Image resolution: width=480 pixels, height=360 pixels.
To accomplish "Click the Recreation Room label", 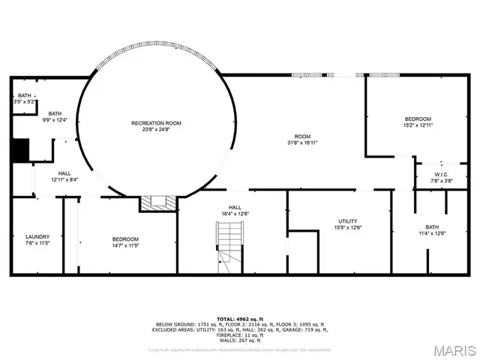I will pyautogui.click(x=156, y=123).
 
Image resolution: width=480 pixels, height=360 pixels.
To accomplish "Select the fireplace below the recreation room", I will pyautogui.click(x=158, y=202).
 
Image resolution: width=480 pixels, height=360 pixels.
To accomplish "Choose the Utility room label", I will pyautogui.click(x=347, y=220).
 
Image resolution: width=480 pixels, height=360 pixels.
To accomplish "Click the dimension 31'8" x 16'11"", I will pyautogui.click(x=303, y=142).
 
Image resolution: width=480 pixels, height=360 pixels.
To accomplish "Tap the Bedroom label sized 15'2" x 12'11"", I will pyautogui.click(x=418, y=118).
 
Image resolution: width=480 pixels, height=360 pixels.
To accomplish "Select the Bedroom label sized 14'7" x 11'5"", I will pyautogui.click(x=124, y=238).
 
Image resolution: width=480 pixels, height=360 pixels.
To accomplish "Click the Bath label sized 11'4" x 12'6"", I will pyautogui.click(x=432, y=226).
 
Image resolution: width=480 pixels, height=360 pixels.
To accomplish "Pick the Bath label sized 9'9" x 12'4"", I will pyautogui.click(x=54, y=113).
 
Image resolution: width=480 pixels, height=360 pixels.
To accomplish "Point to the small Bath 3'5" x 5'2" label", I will pyautogui.click(x=25, y=95).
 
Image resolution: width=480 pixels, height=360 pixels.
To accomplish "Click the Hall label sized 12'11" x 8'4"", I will pyautogui.click(x=64, y=173).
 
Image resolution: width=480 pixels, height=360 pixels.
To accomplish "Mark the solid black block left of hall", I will pyautogui.click(x=19, y=150).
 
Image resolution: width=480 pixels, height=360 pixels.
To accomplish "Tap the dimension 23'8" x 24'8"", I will pyautogui.click(x=156, y=129).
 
